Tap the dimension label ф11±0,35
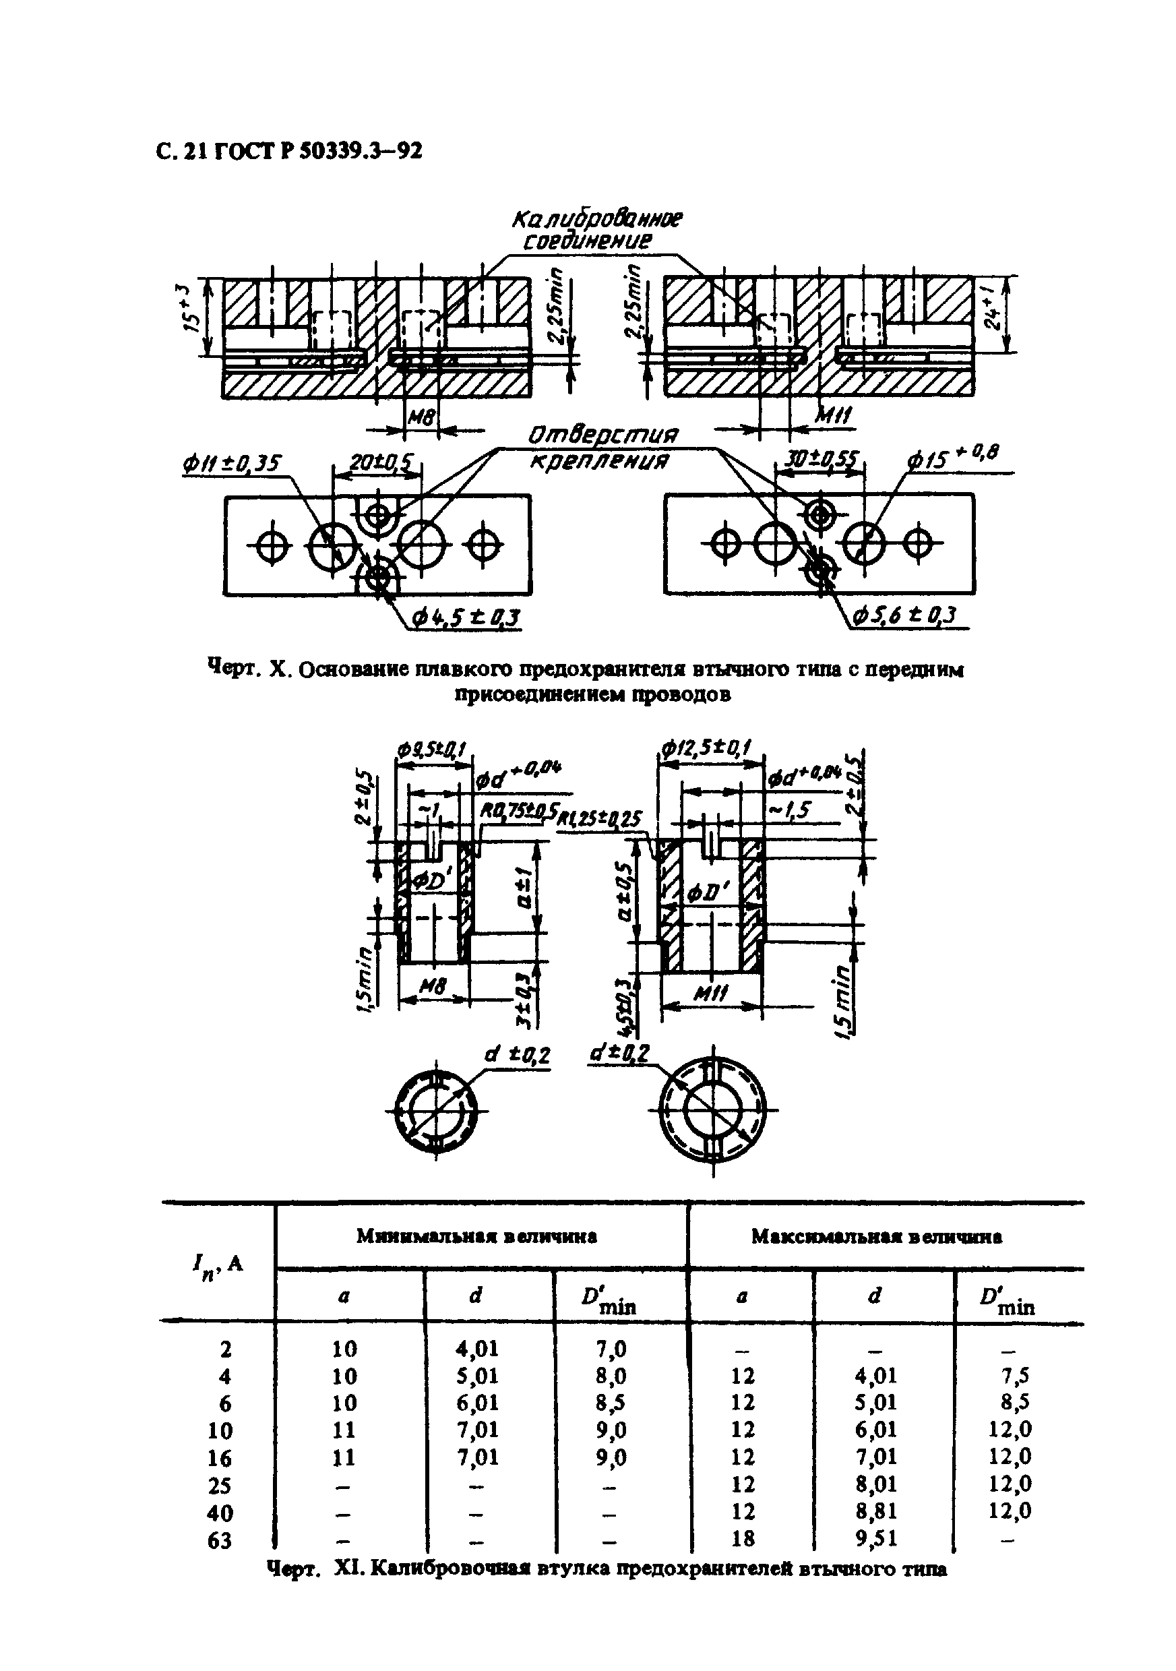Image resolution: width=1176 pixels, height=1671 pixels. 232,463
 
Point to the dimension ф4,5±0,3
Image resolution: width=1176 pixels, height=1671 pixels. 466,618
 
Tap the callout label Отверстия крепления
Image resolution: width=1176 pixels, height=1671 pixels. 602,447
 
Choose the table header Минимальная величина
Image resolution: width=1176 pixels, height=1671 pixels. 476,1236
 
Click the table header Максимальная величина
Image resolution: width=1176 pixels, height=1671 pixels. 876,1236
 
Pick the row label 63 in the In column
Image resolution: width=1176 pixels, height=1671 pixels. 220,1540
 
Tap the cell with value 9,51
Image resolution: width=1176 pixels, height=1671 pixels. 876,1538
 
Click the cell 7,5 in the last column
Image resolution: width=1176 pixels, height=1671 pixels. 1011,1376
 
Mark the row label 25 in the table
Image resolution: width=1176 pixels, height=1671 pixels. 220,1486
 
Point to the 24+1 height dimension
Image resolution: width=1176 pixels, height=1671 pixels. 993,313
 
